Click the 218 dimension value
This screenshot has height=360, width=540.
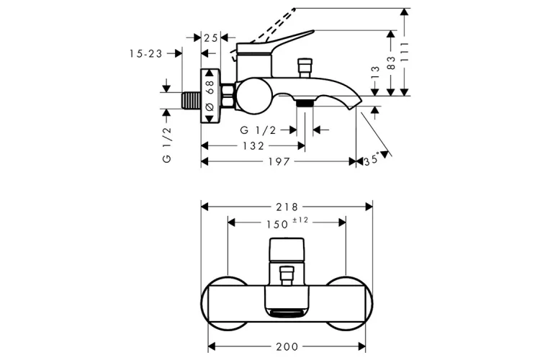click(x=287, y=206)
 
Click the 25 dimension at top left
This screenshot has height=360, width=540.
click(x=211, y=37)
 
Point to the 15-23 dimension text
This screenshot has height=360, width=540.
click(x=146, y=53)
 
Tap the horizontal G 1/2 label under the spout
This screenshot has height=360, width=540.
click(x=257, y=130)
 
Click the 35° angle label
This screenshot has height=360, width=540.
click(x=370, y=160)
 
